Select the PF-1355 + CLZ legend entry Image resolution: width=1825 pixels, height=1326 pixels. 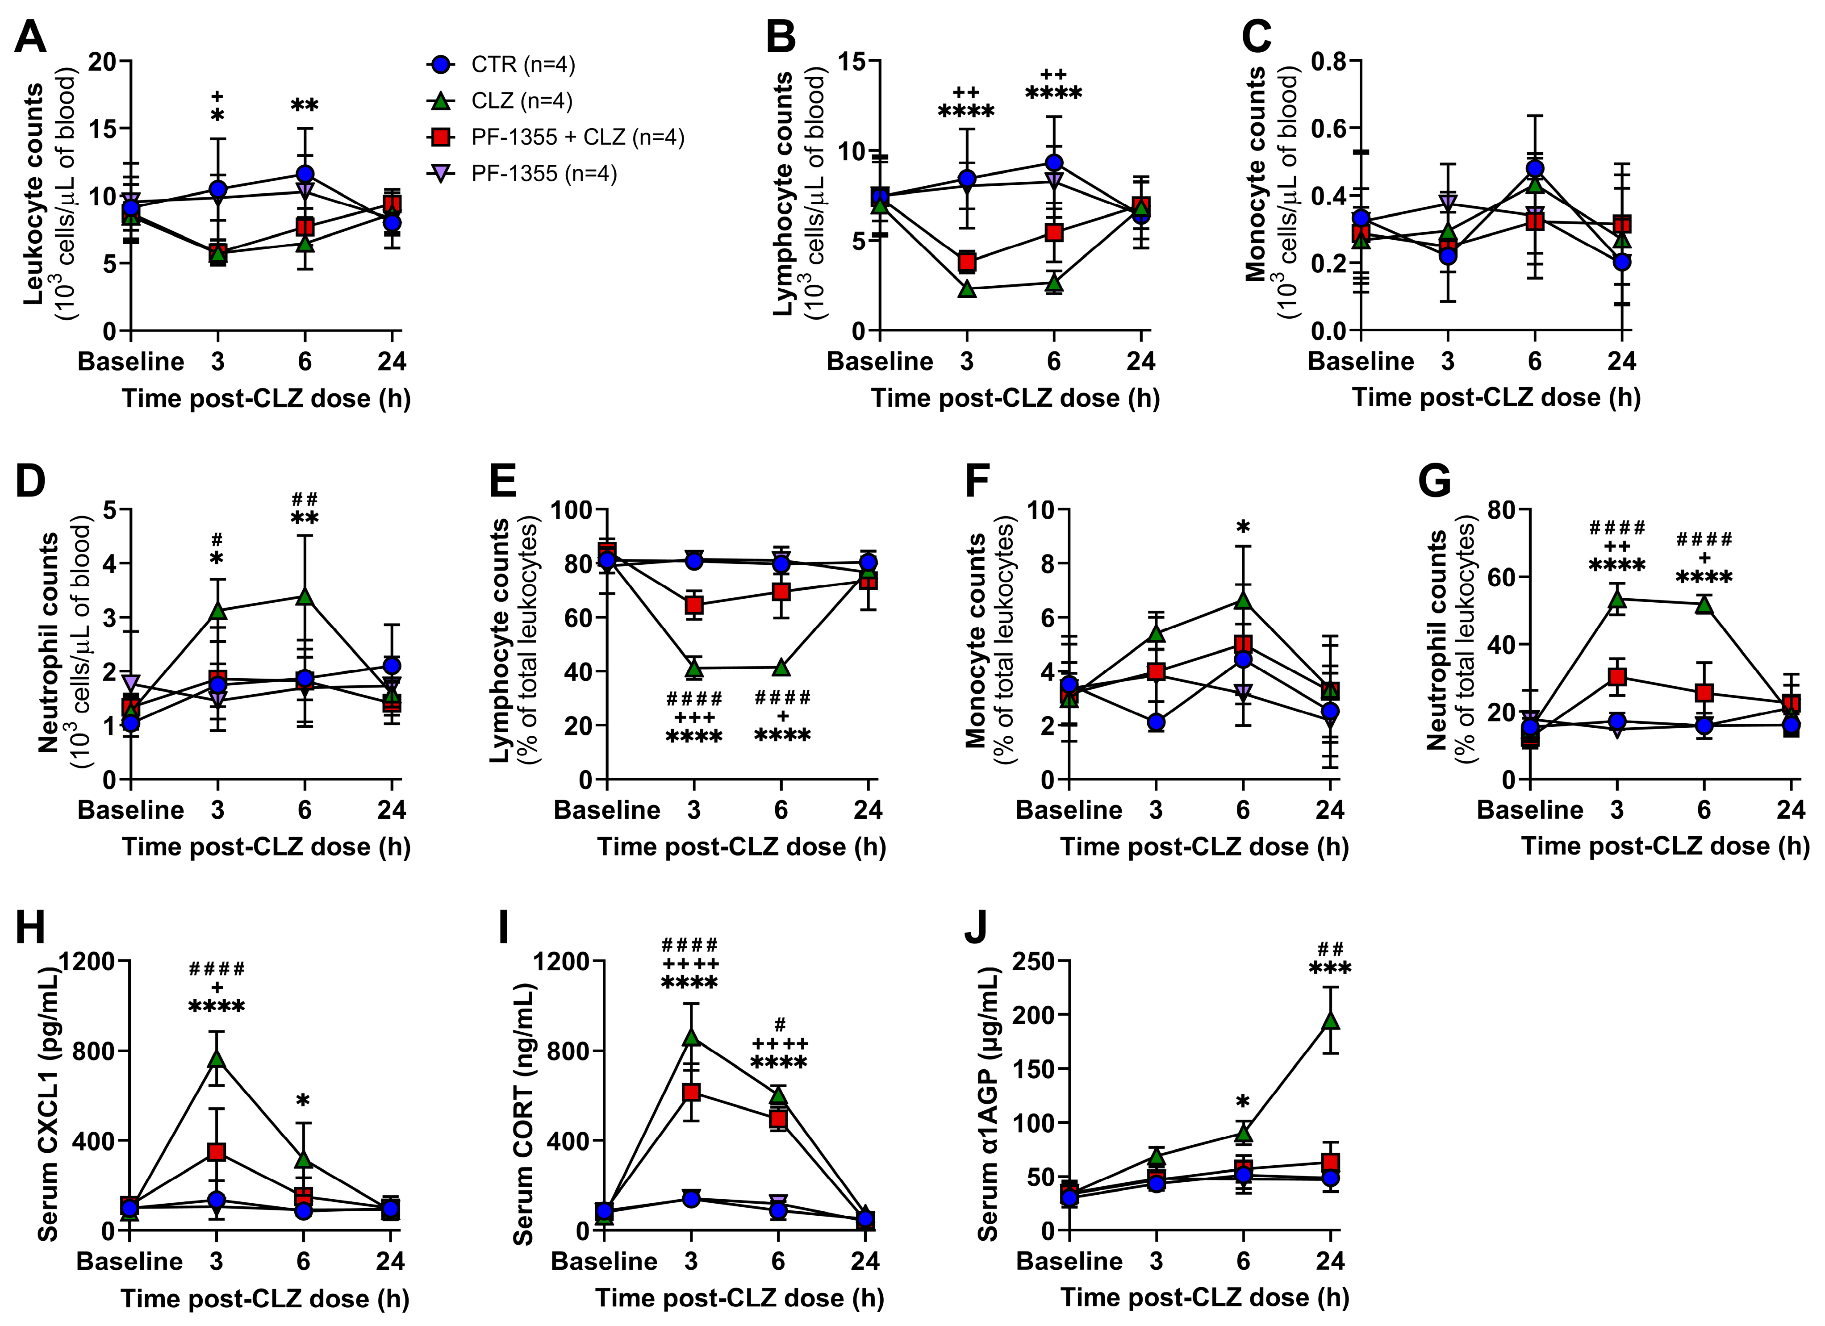pos(555,138)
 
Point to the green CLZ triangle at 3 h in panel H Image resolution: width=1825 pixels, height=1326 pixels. pos(216,1059)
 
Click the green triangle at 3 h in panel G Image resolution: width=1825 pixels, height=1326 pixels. pos(1616,599)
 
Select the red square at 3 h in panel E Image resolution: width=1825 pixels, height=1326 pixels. pos(693,605)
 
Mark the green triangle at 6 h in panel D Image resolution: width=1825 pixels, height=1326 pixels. pos(304,596)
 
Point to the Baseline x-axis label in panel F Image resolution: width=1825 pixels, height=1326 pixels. pos(1069,810)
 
